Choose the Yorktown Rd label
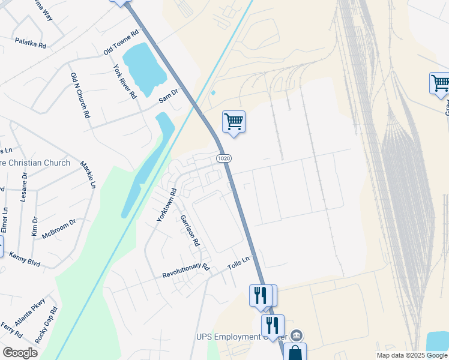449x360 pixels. tap(166, 206)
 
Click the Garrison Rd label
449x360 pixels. tap(190, 232)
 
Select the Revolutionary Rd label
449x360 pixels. tap(185, 271)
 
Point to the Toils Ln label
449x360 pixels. tap(238, 262)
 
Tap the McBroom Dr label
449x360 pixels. tap(59, 229)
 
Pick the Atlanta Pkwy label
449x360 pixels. tap(30, 313)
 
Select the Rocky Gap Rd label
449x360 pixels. tap(46, 325)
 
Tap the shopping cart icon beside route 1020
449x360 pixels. tap(234, 122)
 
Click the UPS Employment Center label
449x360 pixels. tap(240, 337)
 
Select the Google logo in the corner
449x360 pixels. tap(20, 353)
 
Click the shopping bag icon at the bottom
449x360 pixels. tap(295, 353)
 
